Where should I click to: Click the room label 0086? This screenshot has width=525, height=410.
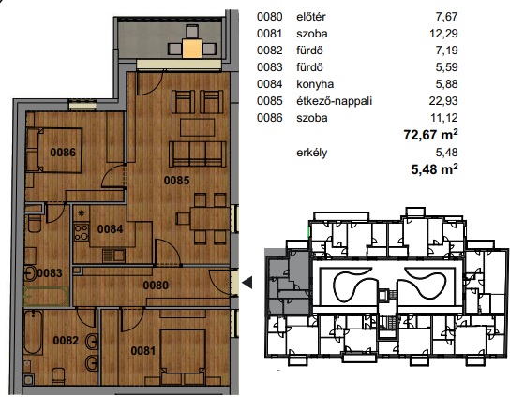pos(63,153)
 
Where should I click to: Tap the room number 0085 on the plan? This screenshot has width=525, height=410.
pos(177,181)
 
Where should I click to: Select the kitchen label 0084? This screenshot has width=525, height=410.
pos(111,229)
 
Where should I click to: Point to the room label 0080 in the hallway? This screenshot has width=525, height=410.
pos(156,286)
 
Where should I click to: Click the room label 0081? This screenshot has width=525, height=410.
pos(143,351)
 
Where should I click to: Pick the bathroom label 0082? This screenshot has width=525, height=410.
pos(66,341)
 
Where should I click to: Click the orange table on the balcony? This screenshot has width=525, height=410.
pos(192,49)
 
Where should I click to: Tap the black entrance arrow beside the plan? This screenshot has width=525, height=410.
pos(247,283)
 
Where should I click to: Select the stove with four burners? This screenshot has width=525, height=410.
pos(82,232)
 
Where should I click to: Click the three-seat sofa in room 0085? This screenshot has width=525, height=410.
pos(198,154)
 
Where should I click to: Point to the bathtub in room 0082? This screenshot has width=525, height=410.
pos(33,332)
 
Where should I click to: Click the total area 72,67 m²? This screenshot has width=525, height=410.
pos(430,135)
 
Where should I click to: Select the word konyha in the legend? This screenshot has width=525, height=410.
pos(315,84)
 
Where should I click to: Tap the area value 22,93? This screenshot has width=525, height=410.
pos(443,101)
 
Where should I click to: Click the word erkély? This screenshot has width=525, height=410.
pos(311,153)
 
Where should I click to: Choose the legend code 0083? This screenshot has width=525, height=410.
pos(270,67)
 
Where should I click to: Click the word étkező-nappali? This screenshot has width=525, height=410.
pos(334,101)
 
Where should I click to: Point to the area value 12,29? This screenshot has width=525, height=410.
pos(443,34)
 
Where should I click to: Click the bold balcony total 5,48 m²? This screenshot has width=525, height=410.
pos(434,169)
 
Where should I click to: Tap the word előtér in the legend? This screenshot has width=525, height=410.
pos(310,17)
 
